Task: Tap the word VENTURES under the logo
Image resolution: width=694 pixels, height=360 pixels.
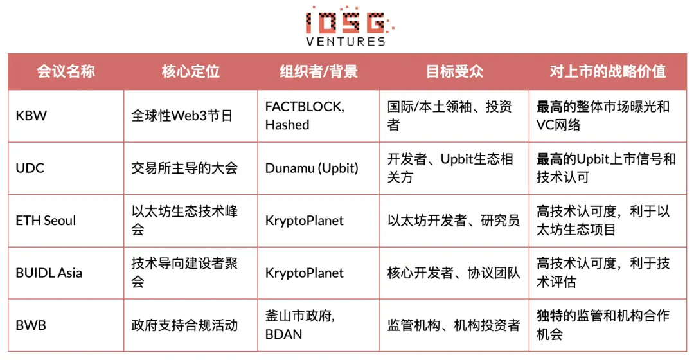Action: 346,41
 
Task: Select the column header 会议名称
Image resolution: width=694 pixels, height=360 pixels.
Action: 66,71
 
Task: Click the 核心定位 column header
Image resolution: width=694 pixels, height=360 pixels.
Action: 191,71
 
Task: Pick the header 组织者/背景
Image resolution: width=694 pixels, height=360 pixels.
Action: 319,71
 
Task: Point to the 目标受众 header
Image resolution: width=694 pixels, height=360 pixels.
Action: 454,71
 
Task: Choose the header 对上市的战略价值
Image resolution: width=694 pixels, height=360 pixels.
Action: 607,71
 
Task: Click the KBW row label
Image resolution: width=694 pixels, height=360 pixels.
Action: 31,116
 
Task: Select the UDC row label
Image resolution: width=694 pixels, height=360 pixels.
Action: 30,168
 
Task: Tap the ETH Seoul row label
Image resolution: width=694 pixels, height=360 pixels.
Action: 46,221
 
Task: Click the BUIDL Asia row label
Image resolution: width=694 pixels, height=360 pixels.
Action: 49,273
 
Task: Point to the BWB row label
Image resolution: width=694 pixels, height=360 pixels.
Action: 31,325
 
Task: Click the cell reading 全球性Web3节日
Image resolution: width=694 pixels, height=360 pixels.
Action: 182,116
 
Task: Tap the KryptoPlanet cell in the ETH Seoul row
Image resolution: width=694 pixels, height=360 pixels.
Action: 305,221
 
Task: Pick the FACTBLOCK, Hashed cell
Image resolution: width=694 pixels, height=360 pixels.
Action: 305,116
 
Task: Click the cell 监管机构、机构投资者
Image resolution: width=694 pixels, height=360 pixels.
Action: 454,325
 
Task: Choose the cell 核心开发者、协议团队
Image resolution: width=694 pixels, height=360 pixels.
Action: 454,273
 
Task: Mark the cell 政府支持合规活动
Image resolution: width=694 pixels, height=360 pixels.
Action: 184,325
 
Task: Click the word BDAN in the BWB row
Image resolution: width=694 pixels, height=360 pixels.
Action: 283,334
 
